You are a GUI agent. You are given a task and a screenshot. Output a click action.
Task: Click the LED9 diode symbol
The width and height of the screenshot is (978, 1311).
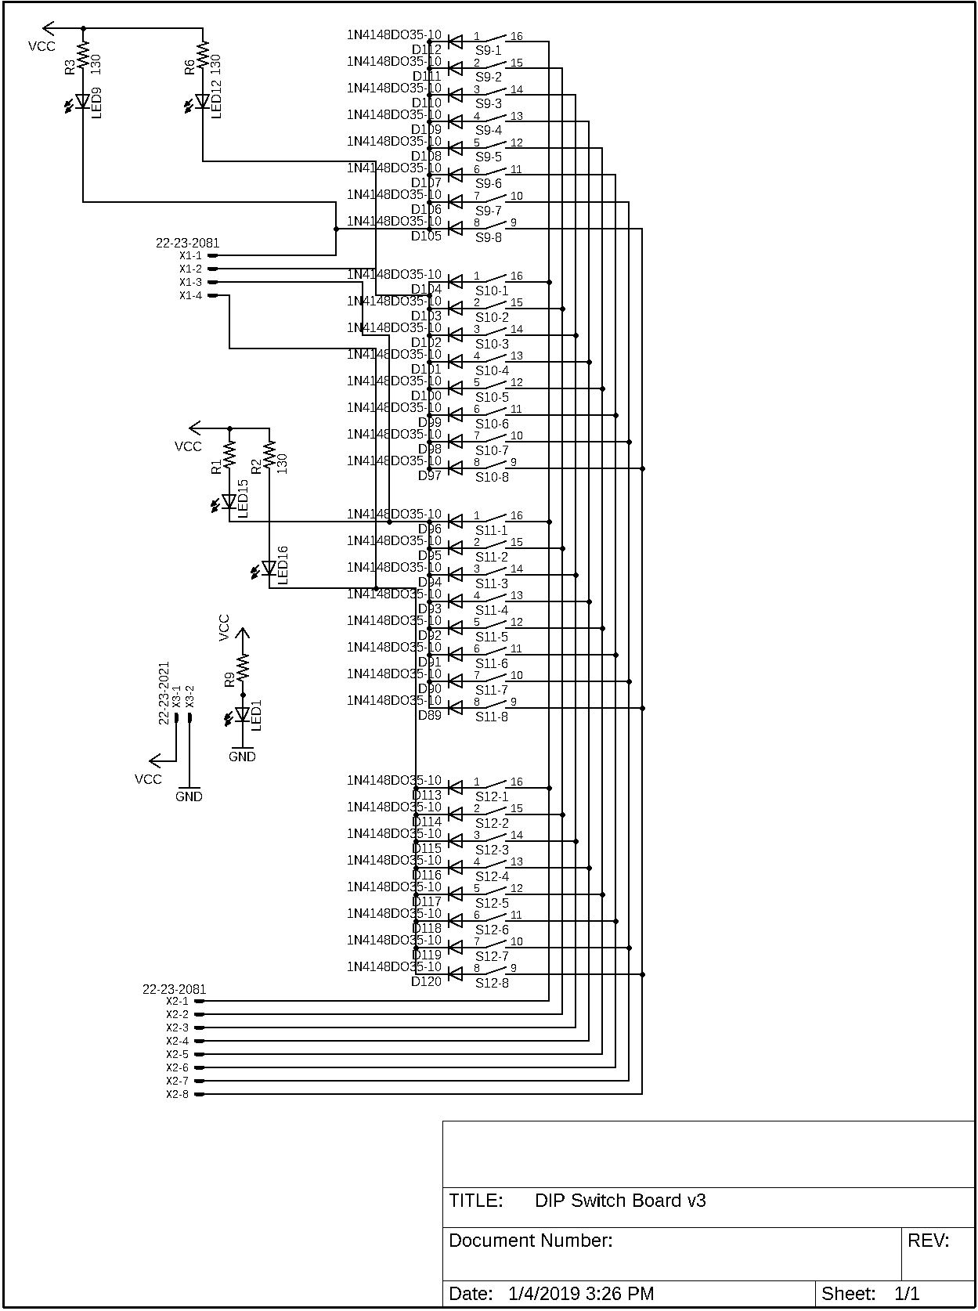click(83, 101)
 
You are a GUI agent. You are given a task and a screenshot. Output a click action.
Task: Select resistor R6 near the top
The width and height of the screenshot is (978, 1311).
click(203, 56)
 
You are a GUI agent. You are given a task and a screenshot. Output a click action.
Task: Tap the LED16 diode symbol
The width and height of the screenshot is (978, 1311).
click(269, 568)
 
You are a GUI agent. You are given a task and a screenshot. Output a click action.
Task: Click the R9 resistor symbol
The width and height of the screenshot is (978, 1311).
click(243, 668)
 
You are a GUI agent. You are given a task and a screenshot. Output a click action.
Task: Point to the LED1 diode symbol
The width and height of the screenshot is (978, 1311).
click(243, 714)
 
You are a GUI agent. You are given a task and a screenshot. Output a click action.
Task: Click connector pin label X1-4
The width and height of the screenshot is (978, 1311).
click(190, 295)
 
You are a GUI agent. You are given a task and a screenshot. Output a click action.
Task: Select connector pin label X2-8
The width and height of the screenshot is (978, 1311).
click(177, 1094)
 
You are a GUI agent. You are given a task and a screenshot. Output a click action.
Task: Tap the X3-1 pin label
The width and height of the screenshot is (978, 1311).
click(177, 697)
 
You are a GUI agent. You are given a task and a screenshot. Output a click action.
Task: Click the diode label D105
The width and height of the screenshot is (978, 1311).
click(427, 236)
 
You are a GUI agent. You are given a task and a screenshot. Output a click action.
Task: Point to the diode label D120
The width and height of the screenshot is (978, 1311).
click(427, 981)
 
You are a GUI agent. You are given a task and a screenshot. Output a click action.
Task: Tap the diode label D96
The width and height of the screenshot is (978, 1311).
click(430, 529)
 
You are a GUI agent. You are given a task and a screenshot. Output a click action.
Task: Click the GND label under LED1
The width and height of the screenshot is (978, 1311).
click(242, 757)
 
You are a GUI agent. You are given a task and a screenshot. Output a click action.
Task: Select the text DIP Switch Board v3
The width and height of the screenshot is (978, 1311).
click(620, 1201)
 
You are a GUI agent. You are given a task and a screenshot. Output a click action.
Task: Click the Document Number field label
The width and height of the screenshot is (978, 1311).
click(530, 1241)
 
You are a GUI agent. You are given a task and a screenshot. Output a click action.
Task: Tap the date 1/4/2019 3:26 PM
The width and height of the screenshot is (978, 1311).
click(581, 1294)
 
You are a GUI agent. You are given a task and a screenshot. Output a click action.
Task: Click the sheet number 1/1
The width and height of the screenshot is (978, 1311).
click(907, 1294)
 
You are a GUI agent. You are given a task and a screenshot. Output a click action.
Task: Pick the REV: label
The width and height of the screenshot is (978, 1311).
click(928, 1241)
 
